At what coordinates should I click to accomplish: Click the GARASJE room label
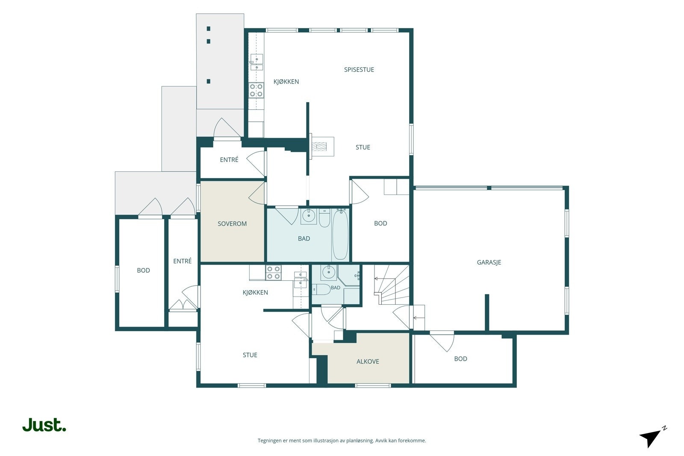tap(489, 262)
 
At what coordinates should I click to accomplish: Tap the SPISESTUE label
tap(359, 70)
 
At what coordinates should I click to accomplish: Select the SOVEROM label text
tap(232, 224)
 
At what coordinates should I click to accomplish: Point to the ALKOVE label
tap(368, 362)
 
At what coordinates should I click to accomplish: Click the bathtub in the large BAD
tap(340, 234)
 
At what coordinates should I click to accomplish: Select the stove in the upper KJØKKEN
tap(256, 90)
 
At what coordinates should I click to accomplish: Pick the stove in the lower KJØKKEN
tap(273, 273)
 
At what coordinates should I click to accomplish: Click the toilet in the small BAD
tap(321, 289)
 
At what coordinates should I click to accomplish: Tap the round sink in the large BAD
tap(308, 216)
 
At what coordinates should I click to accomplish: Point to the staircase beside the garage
tap(392, 285)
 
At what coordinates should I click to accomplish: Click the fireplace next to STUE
tap(322, 147)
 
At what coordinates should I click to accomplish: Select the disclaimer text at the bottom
tap(342, 441)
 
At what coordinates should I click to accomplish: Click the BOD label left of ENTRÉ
tap(143, 271)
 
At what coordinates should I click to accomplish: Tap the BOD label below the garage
tap(460, 359)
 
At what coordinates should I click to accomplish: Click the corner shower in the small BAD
tap(349, 275)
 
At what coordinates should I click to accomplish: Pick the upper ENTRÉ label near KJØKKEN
tap(229, 160)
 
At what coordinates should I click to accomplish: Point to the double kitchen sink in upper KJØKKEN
tap(257, 62)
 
